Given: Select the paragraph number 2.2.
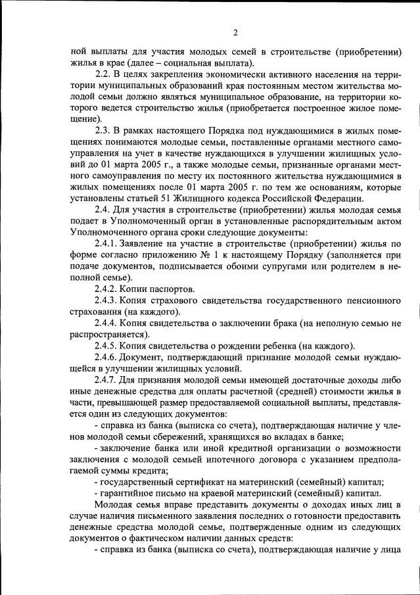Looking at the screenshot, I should [x=104, y=76].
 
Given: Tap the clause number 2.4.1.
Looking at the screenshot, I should [x=108, y=245].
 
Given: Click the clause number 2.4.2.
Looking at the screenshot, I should [x=108, y=289].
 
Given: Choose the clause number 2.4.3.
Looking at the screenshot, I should [x=108, y=301].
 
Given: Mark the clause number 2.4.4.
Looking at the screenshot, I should [x=108, y=323].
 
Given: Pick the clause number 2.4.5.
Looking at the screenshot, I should [x=108, y=346].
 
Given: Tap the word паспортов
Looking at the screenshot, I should [x=173, y=289].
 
